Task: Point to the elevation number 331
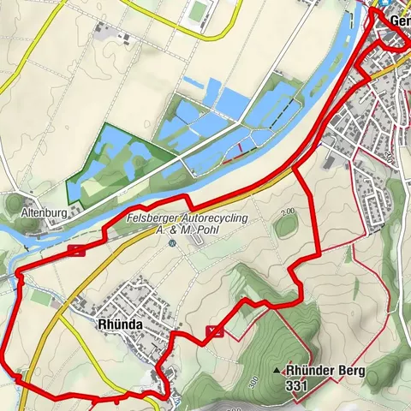tap(297, 386)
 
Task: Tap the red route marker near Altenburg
tap(78, 250)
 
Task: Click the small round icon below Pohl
tap(172, 243)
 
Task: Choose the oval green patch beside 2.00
tap(284, 229)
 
